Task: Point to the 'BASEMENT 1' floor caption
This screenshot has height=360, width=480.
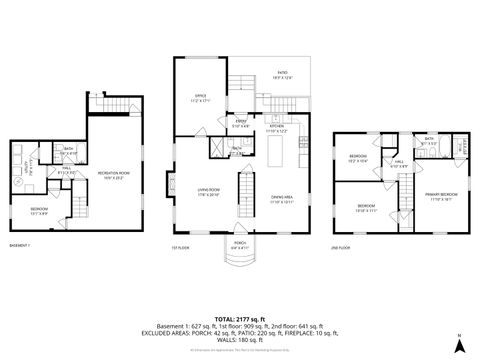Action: coord(21,245)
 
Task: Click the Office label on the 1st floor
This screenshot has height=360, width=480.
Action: coord(200,98)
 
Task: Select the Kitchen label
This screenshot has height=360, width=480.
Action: coord(277,128)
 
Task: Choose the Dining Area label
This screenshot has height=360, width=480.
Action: coord(283,199)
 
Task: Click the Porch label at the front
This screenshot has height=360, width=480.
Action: coord(240,243)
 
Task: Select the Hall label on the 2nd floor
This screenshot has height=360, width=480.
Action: coord(397,164)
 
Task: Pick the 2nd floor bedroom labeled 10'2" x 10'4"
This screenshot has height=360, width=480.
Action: coord(358,159)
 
